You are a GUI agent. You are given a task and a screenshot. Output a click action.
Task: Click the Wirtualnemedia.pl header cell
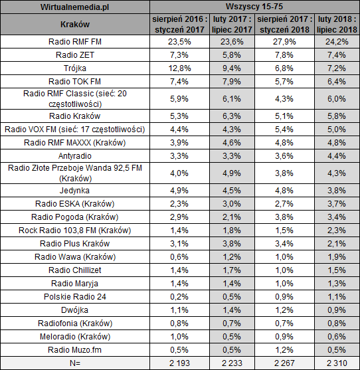pos(75,7)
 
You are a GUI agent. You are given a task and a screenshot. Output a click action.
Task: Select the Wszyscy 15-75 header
pos(254,7)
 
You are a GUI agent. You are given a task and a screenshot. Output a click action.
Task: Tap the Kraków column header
pos(75,25)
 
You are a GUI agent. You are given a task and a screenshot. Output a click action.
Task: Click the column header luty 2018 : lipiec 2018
pos(337,25)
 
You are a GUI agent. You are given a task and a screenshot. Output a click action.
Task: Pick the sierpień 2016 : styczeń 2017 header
pos(179,25)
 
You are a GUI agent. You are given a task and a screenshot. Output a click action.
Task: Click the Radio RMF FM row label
pos(75,42)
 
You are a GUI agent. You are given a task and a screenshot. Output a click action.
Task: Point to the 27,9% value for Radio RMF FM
pos(284,42)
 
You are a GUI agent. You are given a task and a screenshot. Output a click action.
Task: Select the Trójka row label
pos(75,68)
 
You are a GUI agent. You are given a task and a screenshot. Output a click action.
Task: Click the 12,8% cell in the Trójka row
pos(179,68)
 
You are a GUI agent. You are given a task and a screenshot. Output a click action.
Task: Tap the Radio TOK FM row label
pos(75,82)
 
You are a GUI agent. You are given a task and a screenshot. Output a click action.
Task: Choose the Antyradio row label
pos(75,156)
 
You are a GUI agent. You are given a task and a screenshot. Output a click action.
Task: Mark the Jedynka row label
pos(75,191)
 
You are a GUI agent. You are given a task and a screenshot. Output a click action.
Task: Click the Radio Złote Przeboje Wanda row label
pos(75,173)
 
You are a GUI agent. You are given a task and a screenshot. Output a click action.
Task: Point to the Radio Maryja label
pos(75,284)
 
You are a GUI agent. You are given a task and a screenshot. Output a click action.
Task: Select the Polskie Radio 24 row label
pos(75,297)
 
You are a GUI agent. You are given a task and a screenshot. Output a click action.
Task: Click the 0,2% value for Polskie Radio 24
pos(179,297)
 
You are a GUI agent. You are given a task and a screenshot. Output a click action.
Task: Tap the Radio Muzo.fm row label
pos(75,349)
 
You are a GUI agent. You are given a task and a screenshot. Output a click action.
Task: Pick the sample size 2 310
pos(337,363)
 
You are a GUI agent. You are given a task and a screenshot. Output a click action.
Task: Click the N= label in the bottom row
pos(75,363)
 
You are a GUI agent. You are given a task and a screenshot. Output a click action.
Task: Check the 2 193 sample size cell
pos(179,363)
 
